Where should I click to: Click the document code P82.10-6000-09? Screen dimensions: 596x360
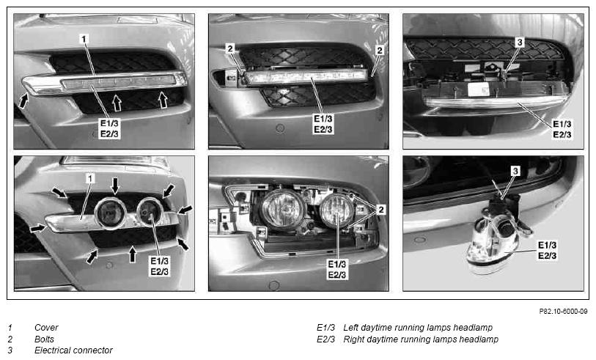[x=563, y=312]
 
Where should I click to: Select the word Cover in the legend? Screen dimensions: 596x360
[x=46, y=327]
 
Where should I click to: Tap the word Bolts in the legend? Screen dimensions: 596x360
[x=44, y=339]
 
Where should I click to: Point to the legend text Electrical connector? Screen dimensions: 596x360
[x=73, y=350]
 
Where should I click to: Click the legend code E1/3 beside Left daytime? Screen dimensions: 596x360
[x=325, y=327]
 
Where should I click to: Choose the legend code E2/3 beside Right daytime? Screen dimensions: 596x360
[x=325, y=339]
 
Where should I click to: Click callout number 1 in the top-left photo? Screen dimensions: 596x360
[x=84, y=39]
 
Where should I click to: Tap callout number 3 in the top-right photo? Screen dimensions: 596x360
[x=520, y=42]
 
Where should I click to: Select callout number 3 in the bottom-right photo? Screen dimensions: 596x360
[x=515, y=171]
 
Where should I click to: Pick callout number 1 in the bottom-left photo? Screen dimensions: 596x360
[x=90, y=178]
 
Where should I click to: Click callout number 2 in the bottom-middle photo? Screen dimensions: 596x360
[x=380, y=210]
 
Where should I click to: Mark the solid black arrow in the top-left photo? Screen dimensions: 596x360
[x=23, y=100]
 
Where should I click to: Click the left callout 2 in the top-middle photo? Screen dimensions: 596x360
[x=230, y=48]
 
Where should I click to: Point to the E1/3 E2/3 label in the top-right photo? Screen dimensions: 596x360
[x=562, y=129]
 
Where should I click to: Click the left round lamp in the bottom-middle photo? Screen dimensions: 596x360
[x=282, y=210]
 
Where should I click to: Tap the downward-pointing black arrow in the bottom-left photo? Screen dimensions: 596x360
[x=115, y=185]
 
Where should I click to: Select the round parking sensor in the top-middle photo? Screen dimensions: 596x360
[x=280, y=128]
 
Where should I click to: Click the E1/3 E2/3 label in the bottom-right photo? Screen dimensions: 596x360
[x=547, y=250]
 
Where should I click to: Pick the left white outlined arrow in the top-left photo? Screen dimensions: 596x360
[x=117, y=103]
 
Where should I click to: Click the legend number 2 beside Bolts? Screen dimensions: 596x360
[x=10, y=339]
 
